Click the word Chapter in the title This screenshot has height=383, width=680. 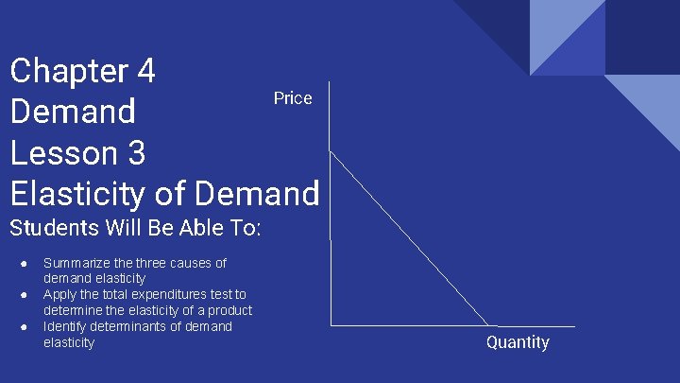pyautogui.click(x=69, y=71)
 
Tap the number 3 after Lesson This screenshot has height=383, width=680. pyautogui.click(x=134, y=152)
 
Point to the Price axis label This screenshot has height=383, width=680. pyautogui.click(x=293, y=98)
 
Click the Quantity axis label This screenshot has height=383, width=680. pyautogui.click(x=518, y=342)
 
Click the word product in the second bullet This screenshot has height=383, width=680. pyautogui.click(x=229, y=310)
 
